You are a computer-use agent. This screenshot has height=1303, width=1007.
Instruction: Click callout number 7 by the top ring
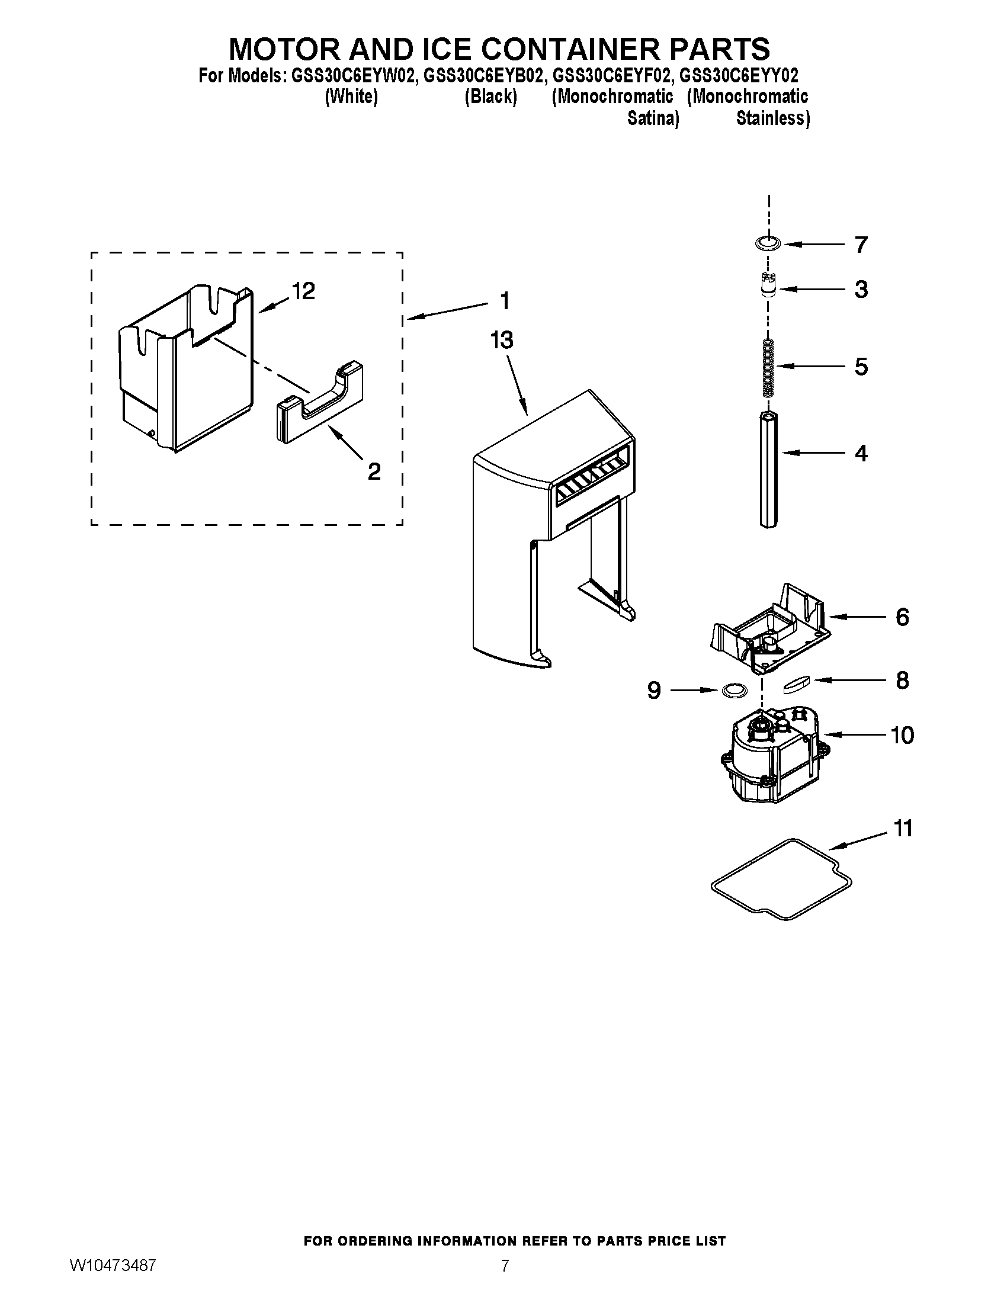click(861, 245)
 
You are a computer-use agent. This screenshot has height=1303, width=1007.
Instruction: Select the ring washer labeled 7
click(768, 243)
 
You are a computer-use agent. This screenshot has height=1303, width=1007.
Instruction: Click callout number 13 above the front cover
click(502, 341)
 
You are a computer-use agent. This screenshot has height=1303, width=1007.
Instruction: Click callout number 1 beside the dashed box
click(505, 301)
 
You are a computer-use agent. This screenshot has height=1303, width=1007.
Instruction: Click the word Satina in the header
click(653, 118)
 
